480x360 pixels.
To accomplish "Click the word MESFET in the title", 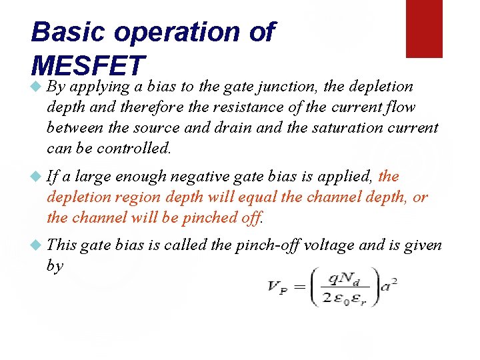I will click(88, 65).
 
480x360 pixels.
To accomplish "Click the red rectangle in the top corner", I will click(425, 28).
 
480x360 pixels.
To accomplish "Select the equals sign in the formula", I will click(299, 288).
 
